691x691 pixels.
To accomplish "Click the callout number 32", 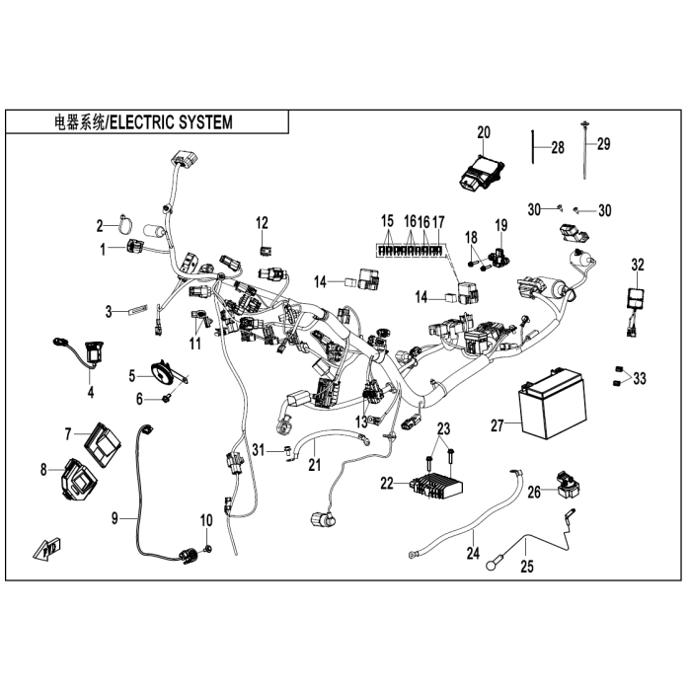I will click(638, 264).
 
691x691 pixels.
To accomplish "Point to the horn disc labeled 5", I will click(162, 372).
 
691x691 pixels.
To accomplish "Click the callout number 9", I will click(115, 518).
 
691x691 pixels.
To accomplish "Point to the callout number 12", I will click(263, 220).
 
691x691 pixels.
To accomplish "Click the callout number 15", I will click(387, 220).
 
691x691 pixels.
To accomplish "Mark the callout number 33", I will click(640, 378).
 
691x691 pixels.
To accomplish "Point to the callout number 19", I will click(500, 226).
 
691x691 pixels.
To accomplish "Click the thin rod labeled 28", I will click(533, 150).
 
